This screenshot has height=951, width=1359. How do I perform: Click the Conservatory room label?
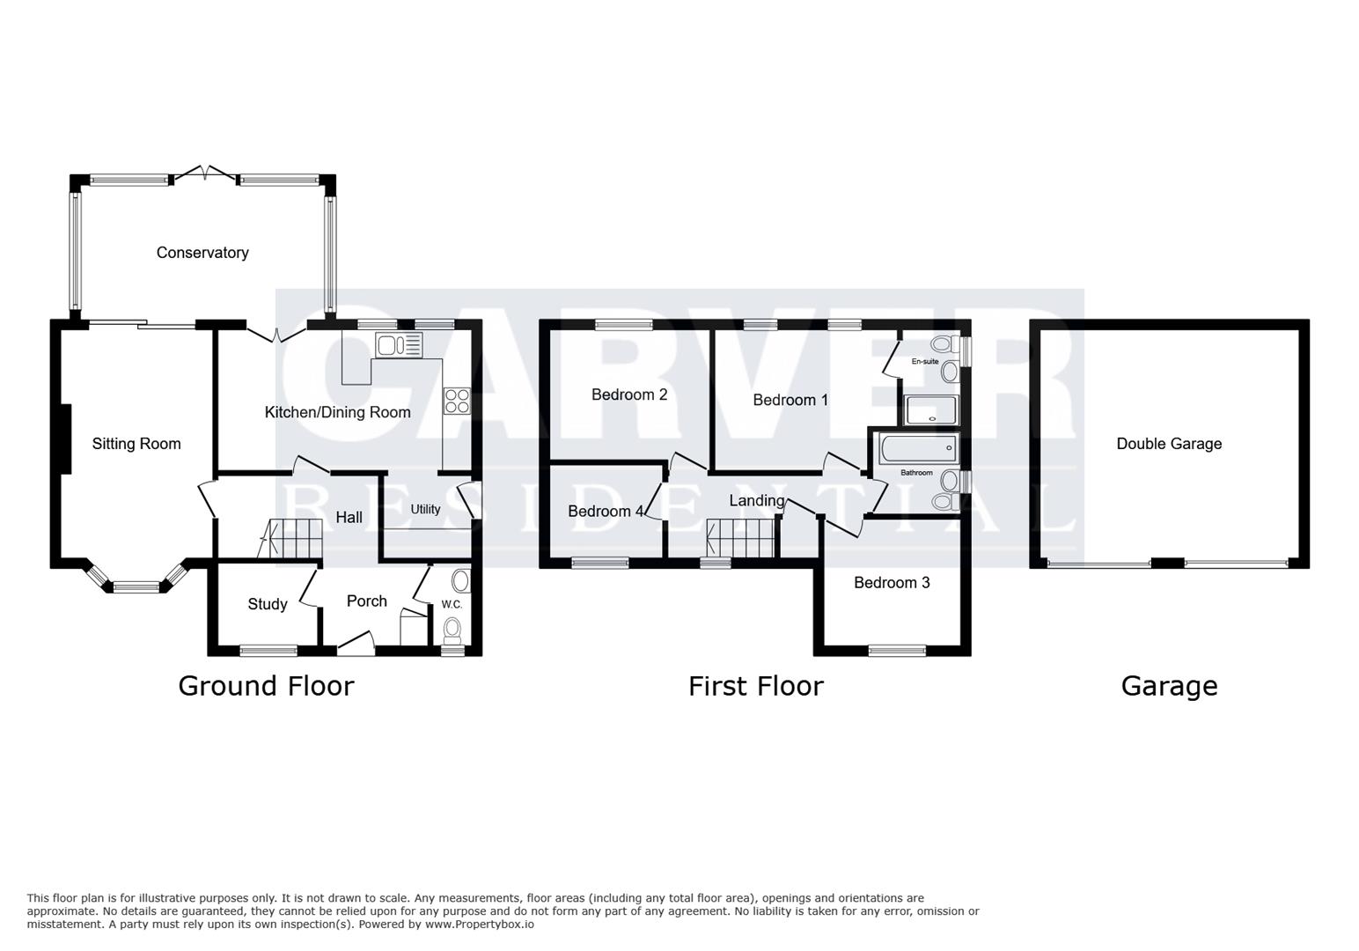[x=202, y=253]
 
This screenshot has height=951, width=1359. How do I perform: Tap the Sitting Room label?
[x=136, y=444]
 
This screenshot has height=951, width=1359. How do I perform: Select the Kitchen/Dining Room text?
[x=337, y=412]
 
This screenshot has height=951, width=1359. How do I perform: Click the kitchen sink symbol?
[x=399, y=345]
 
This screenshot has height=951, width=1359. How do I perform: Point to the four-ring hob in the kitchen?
[x=456, y=401]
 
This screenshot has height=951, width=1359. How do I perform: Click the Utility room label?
[x=425, y=509]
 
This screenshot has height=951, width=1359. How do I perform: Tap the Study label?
[x=267, y=604]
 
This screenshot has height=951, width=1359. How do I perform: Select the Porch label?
[x=366, y=601]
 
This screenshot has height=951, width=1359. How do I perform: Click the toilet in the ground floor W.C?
[x=453, y=629]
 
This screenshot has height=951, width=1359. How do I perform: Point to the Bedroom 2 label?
[x=628, y=394]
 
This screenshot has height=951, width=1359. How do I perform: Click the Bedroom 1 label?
[x=790, y=400]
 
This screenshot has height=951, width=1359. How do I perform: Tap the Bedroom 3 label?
[x=892, y=582]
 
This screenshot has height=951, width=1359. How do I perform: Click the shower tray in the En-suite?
[x=929, y=410]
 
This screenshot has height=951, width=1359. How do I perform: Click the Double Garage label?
[x=1169, y=444]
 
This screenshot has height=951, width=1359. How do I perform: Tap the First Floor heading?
[x=755, y=686]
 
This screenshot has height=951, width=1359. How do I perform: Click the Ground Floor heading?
[x=266, y=686]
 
